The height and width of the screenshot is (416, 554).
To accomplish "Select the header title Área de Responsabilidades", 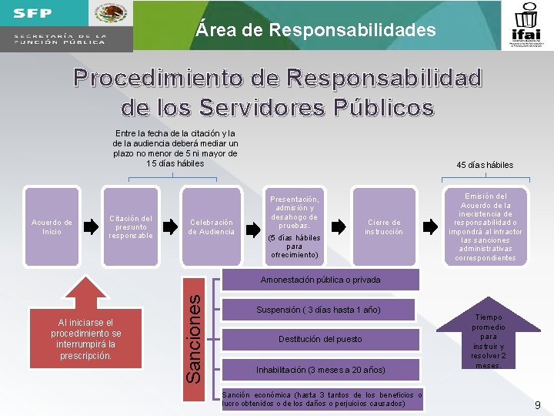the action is pyautogui.click(x=315, y=31).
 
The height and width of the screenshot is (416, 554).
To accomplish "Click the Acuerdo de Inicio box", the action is pyautogui.click(x=52, y=226).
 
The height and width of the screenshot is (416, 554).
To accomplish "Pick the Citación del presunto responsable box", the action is pyautogui.click(x=131, y=226).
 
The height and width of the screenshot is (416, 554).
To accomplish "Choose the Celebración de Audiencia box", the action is pyautogui.click(x=212, y=226).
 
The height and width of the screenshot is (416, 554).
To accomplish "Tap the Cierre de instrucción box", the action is pyautogui.click(x=383, y=226).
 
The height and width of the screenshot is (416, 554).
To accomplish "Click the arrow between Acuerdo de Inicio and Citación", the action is pyautogui.click(x=91, y=226).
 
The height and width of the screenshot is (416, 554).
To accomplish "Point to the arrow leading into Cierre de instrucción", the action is pyautogui.click(x=339, y=226).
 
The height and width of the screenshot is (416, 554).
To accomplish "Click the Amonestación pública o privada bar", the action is pyautogui.click(x=320, y=280).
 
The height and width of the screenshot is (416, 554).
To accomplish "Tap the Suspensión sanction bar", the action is pyautogui.click(x=319, y=310).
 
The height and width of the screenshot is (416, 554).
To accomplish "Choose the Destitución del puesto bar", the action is pyautogui.click(x=320, y=339).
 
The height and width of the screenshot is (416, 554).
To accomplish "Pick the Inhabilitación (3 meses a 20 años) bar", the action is pyautogui.click(x=320, y=370).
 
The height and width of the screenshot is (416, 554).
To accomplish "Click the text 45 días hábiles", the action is pyautogui.click(x=485, y=165).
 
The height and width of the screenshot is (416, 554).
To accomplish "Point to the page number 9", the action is pyautogui.click(x=538, y=404).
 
